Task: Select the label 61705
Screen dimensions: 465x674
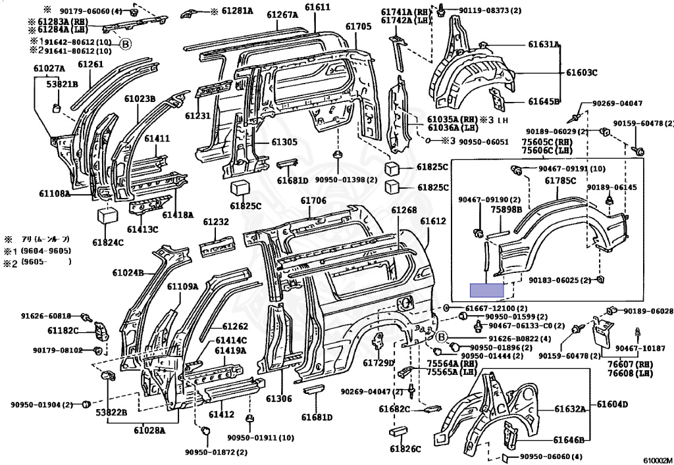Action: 359,26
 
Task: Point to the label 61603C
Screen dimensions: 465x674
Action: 582,72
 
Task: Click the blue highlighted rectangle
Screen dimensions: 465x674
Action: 486,289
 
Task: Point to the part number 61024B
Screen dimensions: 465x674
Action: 128,272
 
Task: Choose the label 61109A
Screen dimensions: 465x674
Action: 182,286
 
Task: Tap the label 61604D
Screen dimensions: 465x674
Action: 613,404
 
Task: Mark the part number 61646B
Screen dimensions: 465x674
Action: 569,440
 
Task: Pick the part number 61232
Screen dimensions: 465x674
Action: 215,222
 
